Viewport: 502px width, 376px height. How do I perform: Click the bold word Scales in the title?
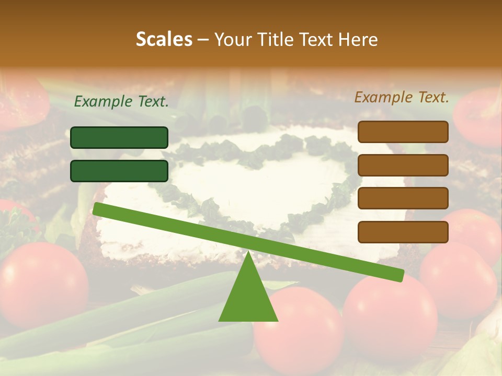pyautogui.click(x=164, y=39)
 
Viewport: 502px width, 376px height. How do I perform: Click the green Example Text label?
pyautogui.click(x=121, y=102)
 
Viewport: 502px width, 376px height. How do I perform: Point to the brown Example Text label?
pyautogui.click(x=402, y=97)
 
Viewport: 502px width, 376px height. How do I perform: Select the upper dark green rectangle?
pyautogui.click(x=119, y=137)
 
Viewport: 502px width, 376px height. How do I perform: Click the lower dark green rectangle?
pyautogui.click(x=119, y=171)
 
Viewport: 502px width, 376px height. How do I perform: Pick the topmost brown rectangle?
pyautogui.click(x=403, y=132)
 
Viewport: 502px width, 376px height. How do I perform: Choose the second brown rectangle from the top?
pyautogui.click(x=403, y=165)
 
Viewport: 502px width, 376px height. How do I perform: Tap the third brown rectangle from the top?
pyautogui.click(x=403, y=198)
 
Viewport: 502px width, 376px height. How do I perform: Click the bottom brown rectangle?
pyautogui.click(x=403, y=232)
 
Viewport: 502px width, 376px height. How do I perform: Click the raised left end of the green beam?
pyautogui.click(x=97, y=208)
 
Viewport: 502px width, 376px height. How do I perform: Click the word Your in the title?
pyautogui.click(x=232, y=39)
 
